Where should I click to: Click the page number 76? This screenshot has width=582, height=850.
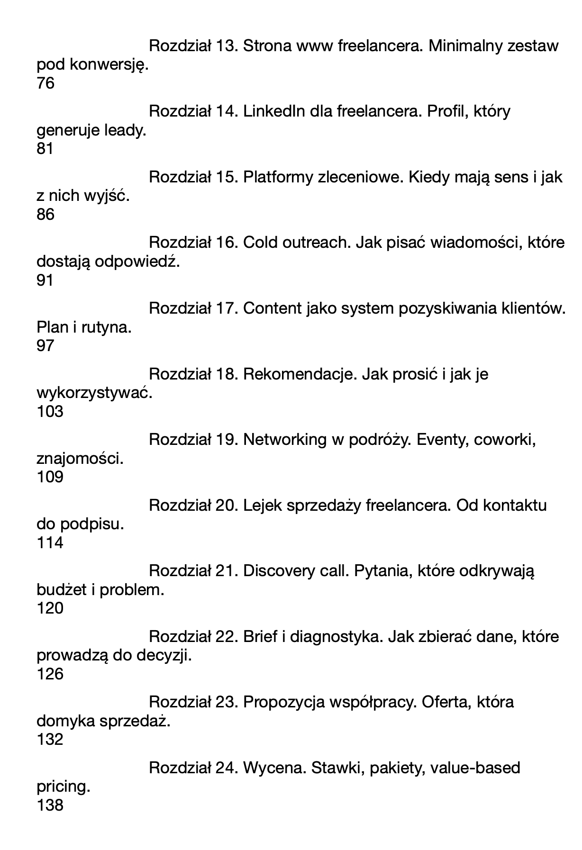[x=45, y=83]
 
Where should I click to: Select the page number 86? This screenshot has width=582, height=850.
[x=45, y=215]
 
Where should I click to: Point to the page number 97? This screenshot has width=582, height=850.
[x=45, y=346]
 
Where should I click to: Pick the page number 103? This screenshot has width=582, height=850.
[x=50, y=411]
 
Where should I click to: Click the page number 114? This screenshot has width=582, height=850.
[x=50, y=543]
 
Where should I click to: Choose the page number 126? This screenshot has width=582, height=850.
[x=50, y=674]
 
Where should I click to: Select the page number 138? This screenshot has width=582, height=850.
[x=50, y=805]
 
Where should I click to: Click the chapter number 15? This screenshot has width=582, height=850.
[x=226, y=177]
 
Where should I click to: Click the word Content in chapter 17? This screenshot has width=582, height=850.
[x=273, y=308]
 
